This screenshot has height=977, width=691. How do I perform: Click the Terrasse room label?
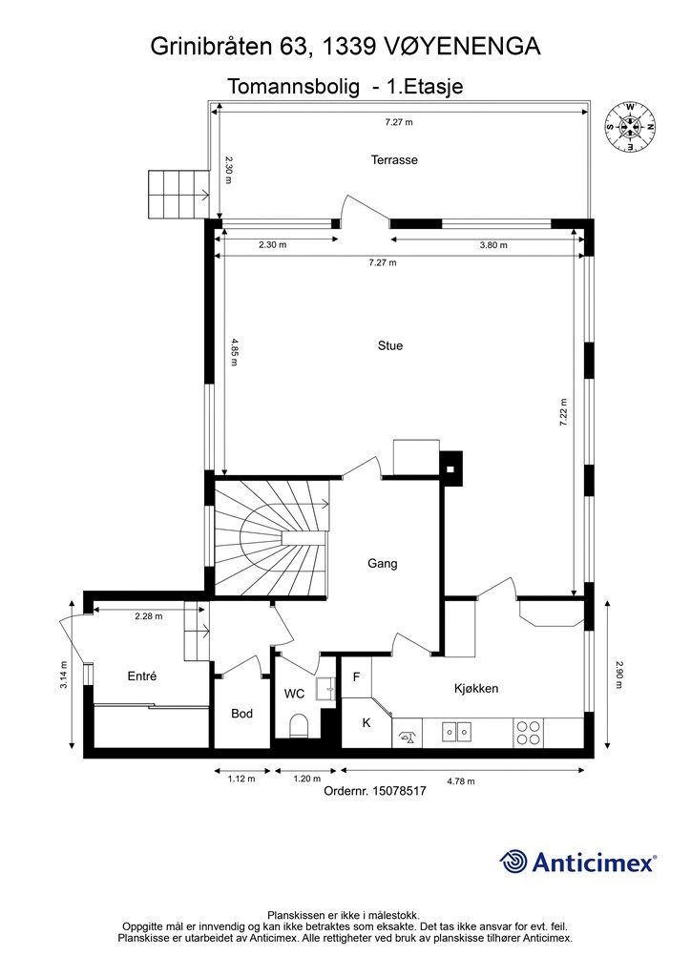394,159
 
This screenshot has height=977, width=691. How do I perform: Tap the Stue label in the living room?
390,345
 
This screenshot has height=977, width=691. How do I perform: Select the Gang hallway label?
383,563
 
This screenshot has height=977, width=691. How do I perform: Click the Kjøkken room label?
476,689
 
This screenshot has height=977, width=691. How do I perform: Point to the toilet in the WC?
300,725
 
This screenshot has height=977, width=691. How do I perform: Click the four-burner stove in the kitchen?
529,732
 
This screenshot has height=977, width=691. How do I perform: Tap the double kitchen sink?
456,731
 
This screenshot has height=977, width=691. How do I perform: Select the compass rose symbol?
630,128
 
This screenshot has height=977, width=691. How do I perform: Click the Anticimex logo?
577,863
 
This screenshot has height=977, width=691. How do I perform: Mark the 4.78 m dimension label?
461,780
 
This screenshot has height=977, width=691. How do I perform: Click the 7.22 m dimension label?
564,412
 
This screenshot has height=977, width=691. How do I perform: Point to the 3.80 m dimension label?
493,245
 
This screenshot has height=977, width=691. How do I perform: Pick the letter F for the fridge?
356,676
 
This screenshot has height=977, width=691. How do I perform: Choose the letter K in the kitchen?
366,723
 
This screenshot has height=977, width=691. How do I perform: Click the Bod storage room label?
241,714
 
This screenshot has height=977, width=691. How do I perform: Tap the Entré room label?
142,676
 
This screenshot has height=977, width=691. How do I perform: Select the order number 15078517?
399,791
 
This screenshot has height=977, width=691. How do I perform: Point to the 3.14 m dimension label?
64,675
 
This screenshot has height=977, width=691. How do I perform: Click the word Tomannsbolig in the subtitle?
293,86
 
